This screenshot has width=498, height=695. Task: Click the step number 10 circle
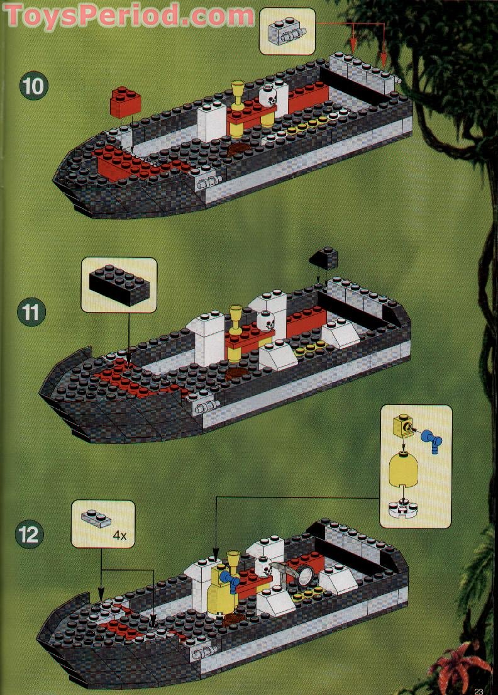[33, 86]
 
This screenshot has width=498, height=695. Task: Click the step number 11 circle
[32, 313]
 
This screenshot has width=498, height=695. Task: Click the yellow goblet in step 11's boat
[236, 316]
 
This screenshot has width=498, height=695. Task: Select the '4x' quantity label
[119, 537]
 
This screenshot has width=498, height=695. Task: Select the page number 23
[479, 689]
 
